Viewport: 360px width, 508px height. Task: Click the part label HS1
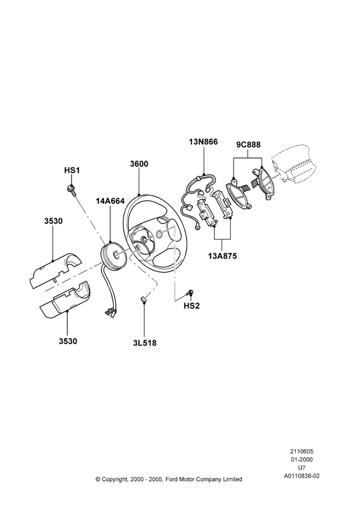point(72,170)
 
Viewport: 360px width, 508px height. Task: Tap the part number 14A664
point(110,201)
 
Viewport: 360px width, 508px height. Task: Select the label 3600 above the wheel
point(139,164)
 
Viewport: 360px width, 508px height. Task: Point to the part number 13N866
point(204,142)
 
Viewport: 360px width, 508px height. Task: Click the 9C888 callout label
point(248,144)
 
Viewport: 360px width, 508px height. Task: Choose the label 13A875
point(223,256)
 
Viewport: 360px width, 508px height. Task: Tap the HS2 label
point(192,305)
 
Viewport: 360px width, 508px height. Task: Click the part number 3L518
point(144,343)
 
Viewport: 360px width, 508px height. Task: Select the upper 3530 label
point(53,221)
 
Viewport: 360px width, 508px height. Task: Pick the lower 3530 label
point(68,341)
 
